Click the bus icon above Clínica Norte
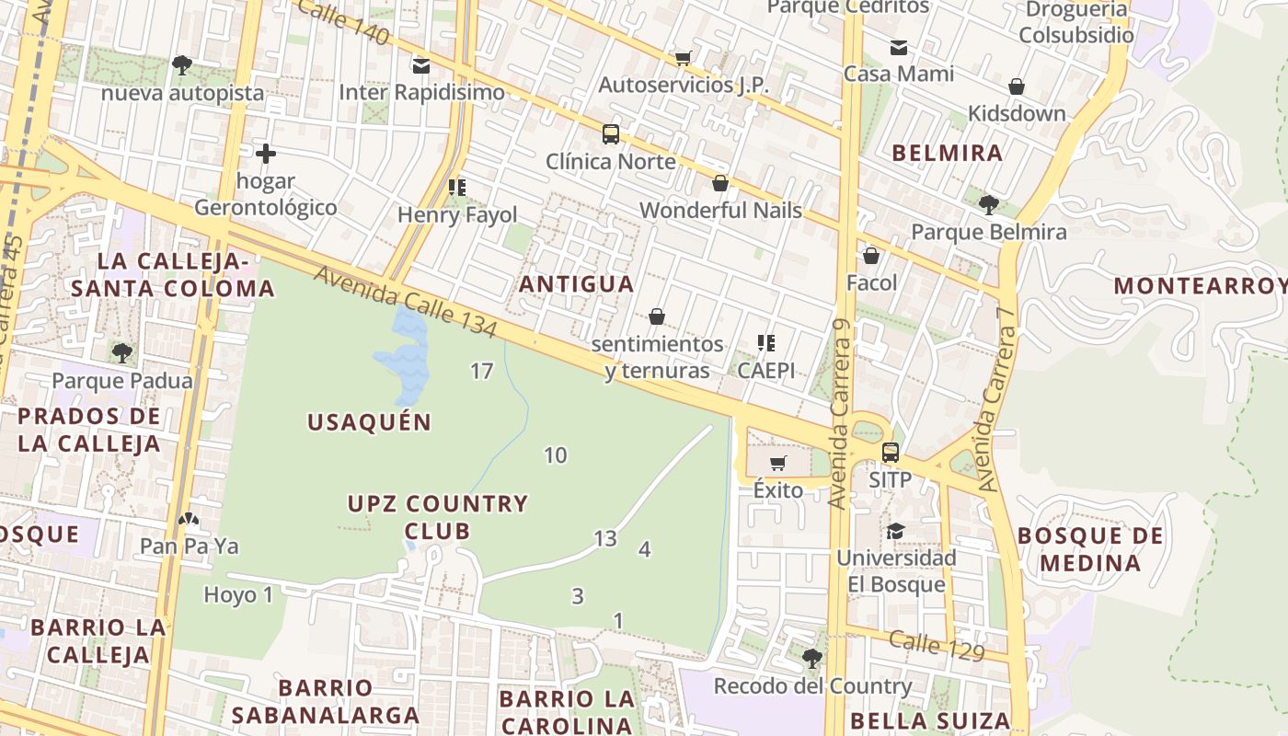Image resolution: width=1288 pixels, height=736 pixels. (x=611, y=134)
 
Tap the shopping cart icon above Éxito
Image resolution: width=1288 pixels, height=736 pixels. (x=778, y=463)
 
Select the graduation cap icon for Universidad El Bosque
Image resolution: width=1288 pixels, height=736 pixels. (x=895, y=531)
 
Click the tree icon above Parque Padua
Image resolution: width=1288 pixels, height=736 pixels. (x=121, y=352)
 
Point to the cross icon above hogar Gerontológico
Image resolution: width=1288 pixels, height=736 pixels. (x=266, y=153)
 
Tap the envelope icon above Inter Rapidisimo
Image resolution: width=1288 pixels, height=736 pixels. (x=421, y=65)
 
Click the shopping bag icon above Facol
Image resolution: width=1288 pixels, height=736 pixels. (x=871, y=255)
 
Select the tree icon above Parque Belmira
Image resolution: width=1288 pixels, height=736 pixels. (x=989, y=204)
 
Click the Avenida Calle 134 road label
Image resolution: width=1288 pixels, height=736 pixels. (x=406, y=302)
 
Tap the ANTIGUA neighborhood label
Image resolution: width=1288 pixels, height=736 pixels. (x=576, y=284)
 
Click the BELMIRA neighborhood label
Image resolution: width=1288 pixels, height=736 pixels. (x=948, y=153)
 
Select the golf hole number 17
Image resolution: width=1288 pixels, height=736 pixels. (x=481, y=372)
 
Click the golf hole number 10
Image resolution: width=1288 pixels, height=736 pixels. (x=555, y=454)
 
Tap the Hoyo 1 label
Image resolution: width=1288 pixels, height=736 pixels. (x=238, y=595)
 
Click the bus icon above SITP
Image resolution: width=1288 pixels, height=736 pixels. (x=891, y=453)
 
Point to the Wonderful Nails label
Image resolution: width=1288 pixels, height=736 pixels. (x=720, y=211)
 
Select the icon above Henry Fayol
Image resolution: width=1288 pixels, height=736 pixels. (x=457, y=188)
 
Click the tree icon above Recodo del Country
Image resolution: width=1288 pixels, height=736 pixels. (x=811, y=658)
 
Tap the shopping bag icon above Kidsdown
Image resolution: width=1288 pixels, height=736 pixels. (x=1017, y=86)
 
